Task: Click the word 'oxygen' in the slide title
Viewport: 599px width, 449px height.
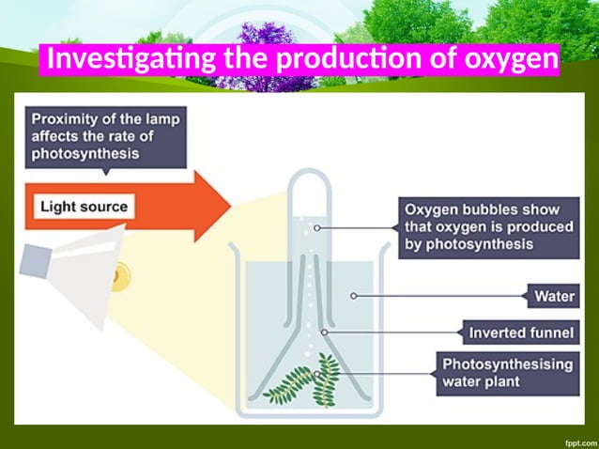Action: point(510,60)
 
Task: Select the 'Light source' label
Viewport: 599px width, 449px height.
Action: point(84,206)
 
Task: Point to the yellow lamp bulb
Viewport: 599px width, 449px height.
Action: point(120,276)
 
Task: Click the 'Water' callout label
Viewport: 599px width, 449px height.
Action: point(554,297)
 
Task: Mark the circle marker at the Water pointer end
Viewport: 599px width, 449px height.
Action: point(354,296)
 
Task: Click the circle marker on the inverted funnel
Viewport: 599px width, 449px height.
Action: point(325,332)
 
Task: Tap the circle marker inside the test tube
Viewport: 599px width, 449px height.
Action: point(317,227)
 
